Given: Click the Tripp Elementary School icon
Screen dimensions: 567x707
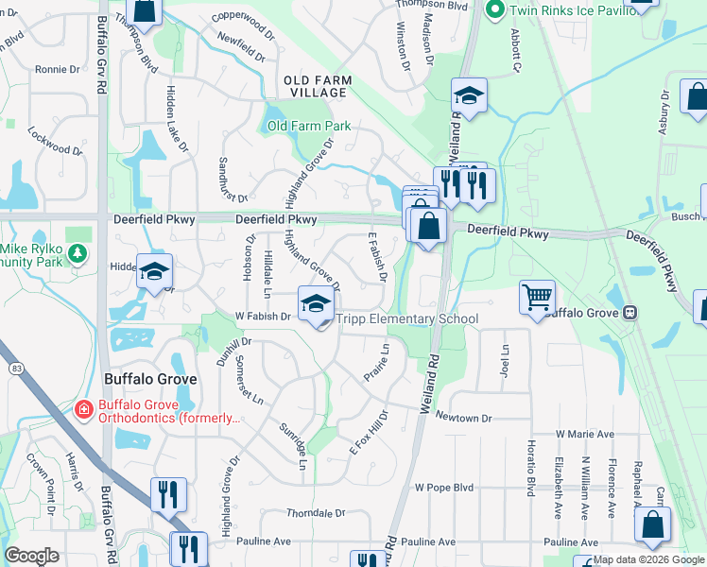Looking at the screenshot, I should [x=317, y=304].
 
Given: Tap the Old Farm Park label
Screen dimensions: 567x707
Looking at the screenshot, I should [x=309, y=126].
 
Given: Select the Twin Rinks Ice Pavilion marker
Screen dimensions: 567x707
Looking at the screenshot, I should [x=492, y=10].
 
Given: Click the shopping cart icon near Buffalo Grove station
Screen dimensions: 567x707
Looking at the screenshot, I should [x=537, y=298].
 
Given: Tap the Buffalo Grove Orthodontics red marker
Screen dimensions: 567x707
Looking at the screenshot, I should [x=83, y=409].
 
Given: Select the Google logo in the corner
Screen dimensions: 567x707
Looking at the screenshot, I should [x=31, y=556].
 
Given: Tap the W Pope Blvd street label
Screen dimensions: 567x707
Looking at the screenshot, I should [x=443, y=488].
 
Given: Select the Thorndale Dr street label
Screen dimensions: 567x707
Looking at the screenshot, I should [x=316, y=513].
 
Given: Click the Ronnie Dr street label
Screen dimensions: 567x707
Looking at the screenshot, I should [x=59, y=70].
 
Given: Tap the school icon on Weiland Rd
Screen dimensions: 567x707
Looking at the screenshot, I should [x=468, y=96].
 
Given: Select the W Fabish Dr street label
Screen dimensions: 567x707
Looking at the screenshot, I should [x=262, y=317].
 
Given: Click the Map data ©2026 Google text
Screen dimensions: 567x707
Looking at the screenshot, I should [x=648, y=559].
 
